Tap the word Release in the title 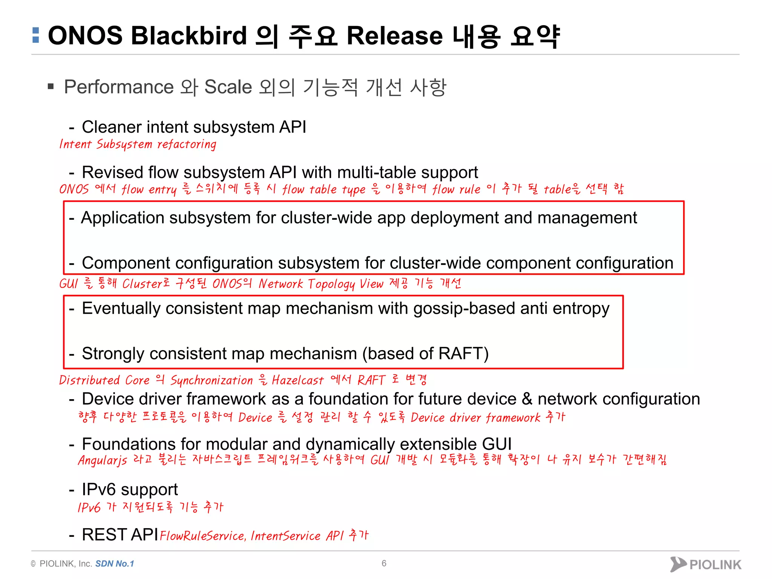394,36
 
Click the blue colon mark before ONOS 36,35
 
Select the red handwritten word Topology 331,284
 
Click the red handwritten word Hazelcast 297,380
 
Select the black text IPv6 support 130,489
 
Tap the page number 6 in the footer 384,563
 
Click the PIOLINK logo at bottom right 706,564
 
